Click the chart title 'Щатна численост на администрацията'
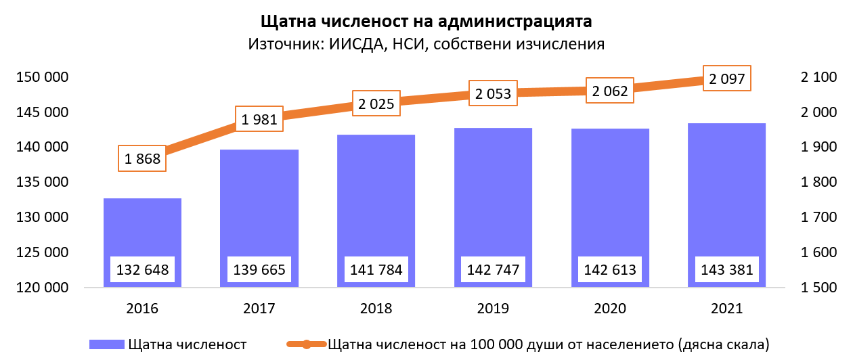426,21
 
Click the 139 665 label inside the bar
259,270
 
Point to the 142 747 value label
493,270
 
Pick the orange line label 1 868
142,160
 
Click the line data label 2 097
727,79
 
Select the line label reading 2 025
376,105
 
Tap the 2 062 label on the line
610,91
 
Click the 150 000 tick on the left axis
42,77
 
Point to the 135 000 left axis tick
42,183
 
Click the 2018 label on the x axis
376,309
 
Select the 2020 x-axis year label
610,309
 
